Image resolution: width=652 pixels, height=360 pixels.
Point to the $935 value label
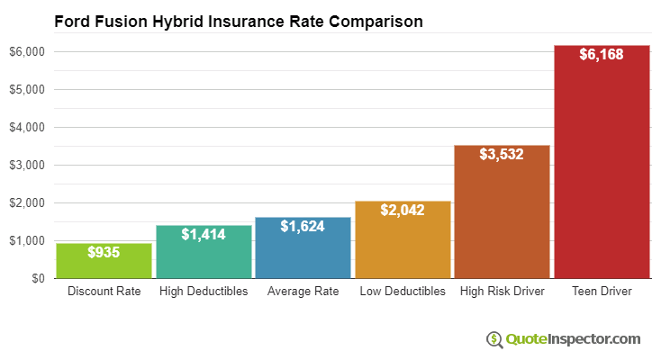(x=104, y=253)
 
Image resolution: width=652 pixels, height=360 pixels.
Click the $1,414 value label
(x=204, y=235)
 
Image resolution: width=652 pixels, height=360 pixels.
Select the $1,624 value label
(x=303, y=227)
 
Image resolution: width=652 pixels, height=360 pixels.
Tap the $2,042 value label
(x=403, y=211)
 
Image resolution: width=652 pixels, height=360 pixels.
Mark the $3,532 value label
(x=502, y=155)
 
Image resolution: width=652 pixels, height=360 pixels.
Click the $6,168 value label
(x=602, y=55)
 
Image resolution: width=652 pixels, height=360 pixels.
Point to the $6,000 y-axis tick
(x=26, y=52)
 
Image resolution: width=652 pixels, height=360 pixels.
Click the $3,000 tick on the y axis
(x=26, y=166)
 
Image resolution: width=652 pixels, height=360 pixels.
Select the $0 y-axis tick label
(x=37, y=279)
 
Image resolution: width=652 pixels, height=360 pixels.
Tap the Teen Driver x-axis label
(x=602, y=292)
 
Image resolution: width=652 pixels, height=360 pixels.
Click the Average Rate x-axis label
(x=303, y=292)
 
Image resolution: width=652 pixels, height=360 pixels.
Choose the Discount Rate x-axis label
(x=104, y=292)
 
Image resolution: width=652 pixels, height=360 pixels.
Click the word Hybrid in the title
(x=172, y=21)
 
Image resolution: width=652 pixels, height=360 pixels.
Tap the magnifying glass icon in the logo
(x=494, y=339)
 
